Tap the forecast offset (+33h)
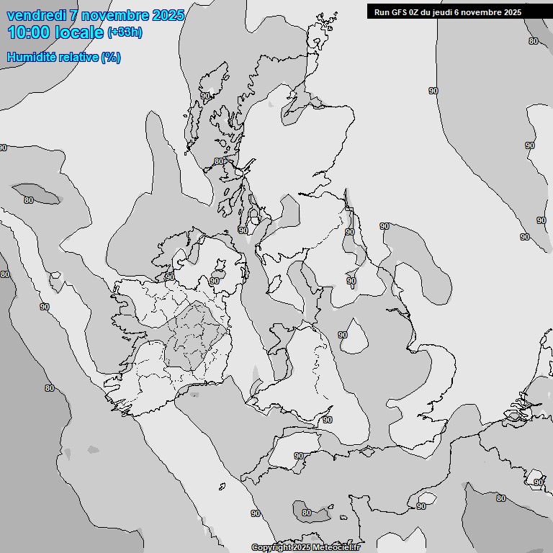(125, 32)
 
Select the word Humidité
(30, 57)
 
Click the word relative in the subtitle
(77, 57)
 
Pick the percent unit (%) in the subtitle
(111, 57)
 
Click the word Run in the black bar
(382, 12)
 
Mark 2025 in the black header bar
(513, 12)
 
